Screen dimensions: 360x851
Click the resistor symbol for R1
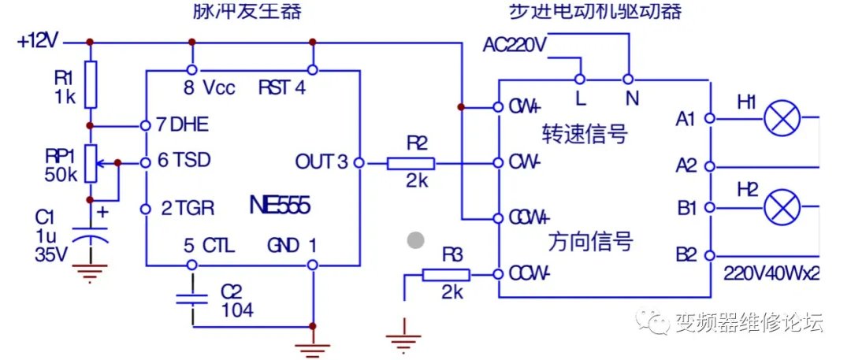[91, 84]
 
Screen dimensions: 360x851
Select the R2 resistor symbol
[410, 163]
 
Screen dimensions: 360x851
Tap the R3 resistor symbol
[446, 275]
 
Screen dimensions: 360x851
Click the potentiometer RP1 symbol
[91, 163]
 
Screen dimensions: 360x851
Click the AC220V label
[515, 45]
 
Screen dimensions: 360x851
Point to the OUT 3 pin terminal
[359, 163]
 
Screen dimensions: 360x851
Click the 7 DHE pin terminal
[146, 125]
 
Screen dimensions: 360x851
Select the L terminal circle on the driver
[580, 79]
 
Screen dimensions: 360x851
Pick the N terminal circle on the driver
[628, 79]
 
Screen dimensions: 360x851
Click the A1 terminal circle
[709, 119]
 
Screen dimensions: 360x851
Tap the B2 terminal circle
[709, 255]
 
